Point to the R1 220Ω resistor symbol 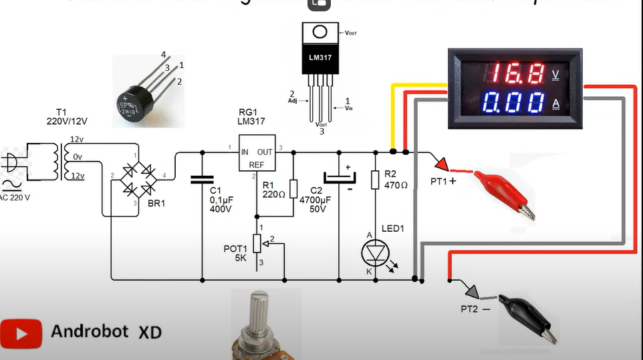pyautogui.click(x=293, y=189)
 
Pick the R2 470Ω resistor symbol pyautogui.click(x=375, y=179)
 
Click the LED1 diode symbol pyautogui.click(x=374, y=252)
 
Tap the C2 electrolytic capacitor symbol pyautogui.click(x=340, y=178)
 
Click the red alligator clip pyautogui.click(x=505, y=194)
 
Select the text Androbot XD pyautogui.click(x=106, y=332)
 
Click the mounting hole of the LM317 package pyautogui.click(x=321, y=33)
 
